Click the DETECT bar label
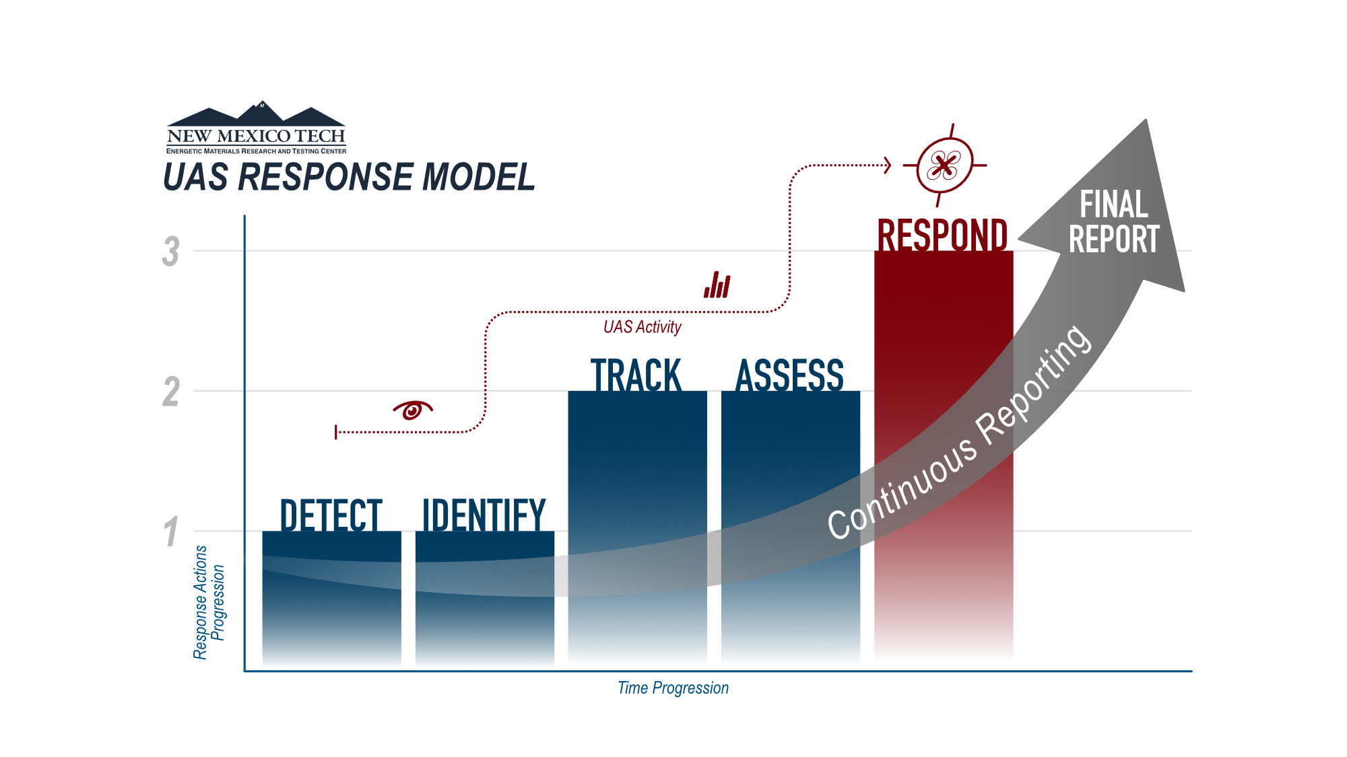coord(331,515)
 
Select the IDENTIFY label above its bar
coord(484,515)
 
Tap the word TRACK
coord(636,375)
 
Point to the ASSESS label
coord(790,375)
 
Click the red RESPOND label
coord(942,234)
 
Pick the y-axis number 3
coord(171,252)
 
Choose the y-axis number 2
coord(171,392)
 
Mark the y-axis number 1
coord(171,532)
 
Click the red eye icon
coord(412,409)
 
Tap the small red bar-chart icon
coord(717,285)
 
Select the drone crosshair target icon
coord(944,165)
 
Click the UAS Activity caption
coord(642,327)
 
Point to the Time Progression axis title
coord(673,688)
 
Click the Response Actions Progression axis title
coord(209,602)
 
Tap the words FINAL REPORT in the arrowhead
coord(1114,222)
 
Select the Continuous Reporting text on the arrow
coord(960,434)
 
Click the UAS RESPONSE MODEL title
coord(349,177)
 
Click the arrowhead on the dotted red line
coord(888,165)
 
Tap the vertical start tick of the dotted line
coord(336,432)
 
